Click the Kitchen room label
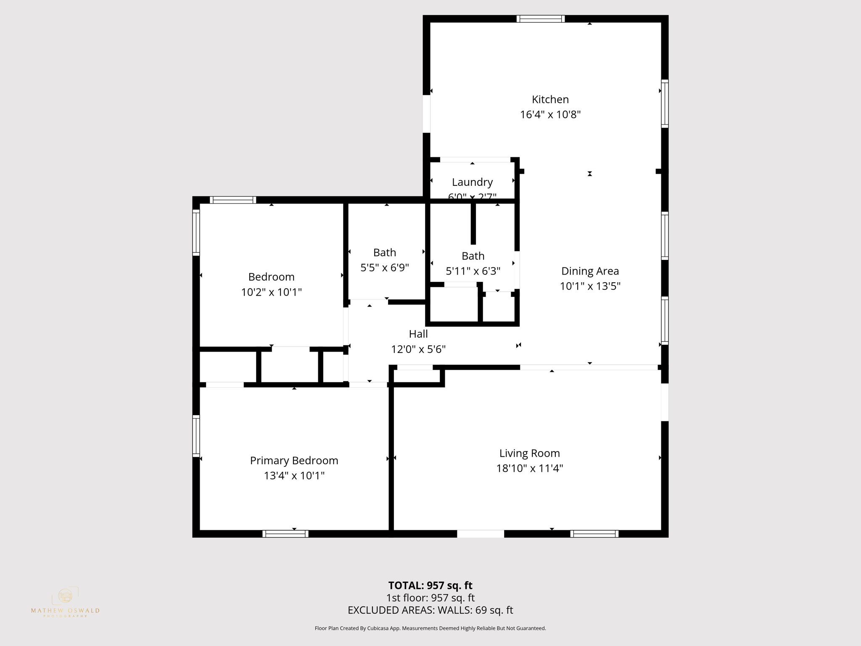point(550,99)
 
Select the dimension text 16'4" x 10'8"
point(550,114)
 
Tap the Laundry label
point(472,182)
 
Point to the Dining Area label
point(590,271)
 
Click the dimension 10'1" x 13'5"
point(590,286)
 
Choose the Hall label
point(418,334)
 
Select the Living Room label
point(529,453)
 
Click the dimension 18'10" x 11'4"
point(529,468)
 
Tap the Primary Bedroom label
point(294,461)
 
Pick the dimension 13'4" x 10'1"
point(294,476)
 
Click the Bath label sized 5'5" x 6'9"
point(384,252)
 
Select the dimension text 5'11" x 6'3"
point(473,271)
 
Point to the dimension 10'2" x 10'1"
point(271,292)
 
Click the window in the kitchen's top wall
point(540,19)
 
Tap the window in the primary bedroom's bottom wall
point(285,534)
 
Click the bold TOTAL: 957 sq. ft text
point(430,585)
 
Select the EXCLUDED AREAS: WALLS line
point(430,610)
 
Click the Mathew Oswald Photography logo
point(65,602)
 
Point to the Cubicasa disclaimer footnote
point(430,628)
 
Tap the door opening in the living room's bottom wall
point(480,534)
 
